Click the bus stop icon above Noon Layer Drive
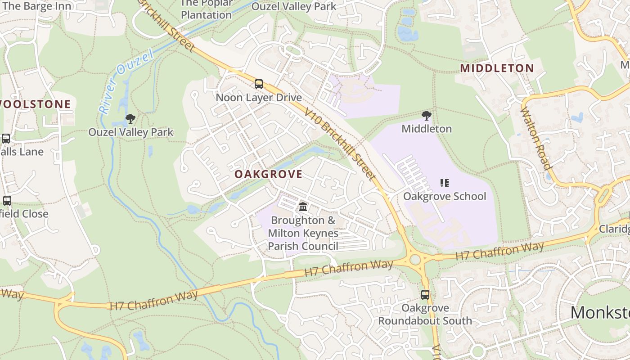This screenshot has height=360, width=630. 259,84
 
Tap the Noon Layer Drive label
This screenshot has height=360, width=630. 259,98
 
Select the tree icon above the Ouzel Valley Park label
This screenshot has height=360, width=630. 130,119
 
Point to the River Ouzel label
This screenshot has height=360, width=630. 126,81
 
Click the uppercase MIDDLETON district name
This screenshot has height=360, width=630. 497,68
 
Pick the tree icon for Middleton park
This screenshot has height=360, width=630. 427,116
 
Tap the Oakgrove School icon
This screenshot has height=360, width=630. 445,183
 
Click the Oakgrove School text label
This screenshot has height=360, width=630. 445,196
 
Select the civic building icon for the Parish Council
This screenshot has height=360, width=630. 303,207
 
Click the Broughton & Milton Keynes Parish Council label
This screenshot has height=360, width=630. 303,233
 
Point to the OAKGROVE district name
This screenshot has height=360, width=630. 268,174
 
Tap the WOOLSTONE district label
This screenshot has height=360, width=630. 35,104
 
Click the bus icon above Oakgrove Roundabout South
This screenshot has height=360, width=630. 425,295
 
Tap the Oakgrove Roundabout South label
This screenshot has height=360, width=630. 425,315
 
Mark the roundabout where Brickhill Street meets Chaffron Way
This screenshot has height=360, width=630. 414,259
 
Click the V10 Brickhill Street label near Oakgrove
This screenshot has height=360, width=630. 339,144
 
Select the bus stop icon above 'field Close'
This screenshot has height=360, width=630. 7,201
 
